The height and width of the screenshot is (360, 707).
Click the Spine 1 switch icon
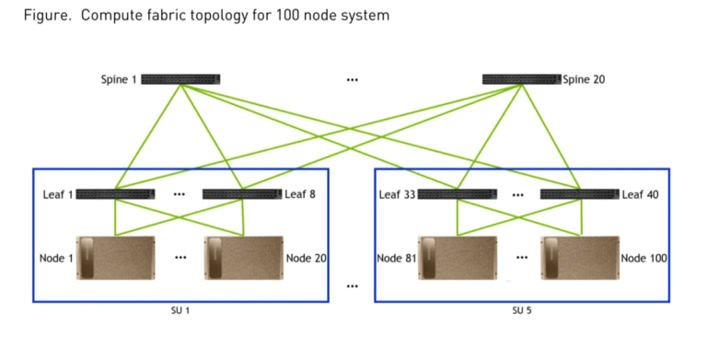(x=180, y=79)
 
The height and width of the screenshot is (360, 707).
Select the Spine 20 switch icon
(x=521, y=79)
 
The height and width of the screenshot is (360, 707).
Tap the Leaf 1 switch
(x=115, y=194)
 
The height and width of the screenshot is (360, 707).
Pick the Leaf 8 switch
(x=241, y=194)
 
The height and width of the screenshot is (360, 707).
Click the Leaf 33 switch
(x=458, y=194)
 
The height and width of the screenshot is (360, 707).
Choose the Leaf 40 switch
(x=579, y=194)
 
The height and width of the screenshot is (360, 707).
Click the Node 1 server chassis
(x=115, y=258)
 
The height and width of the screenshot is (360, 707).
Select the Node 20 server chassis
(x=242, y=258)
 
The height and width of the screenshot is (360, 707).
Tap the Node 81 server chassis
(x=458, y=258)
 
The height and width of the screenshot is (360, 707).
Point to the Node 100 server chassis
(x=579, y=258)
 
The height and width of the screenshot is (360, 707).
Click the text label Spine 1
(x=119, y=80)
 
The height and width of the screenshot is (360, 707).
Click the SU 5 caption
(x=522, y=311)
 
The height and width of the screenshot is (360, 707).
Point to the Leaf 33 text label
(x=397, y=194)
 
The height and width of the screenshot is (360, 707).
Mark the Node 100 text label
(x=643, y=258)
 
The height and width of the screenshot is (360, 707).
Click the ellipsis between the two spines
(x=352, y=80)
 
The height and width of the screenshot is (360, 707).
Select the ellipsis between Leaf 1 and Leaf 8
(x=180, y=194)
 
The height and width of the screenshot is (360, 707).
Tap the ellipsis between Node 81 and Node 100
(x=521, y=258)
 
